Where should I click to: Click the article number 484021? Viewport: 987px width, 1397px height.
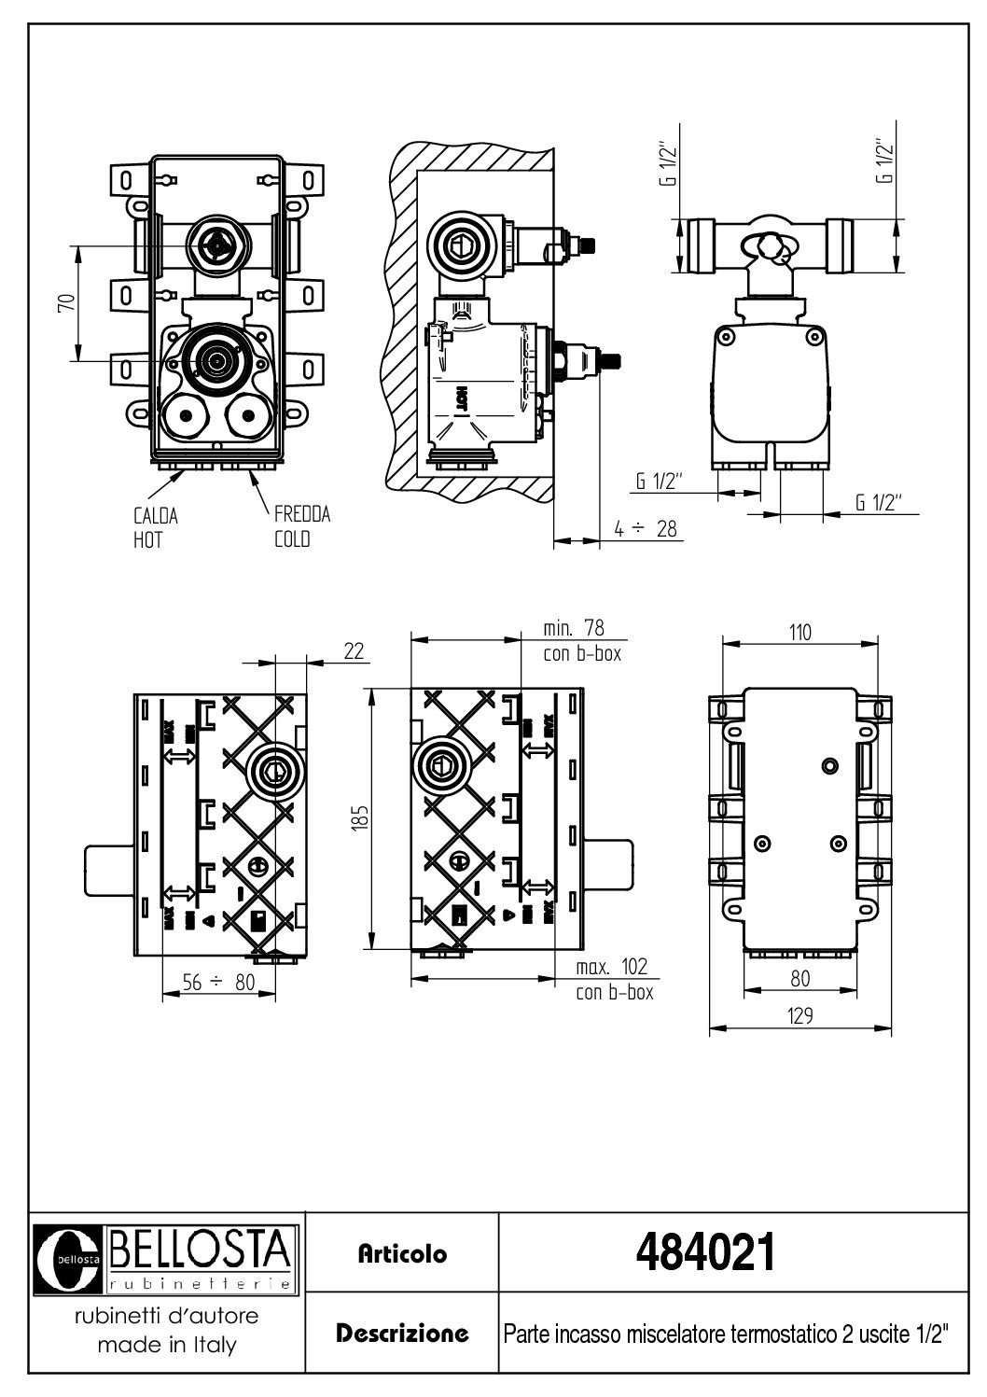tap(704, 1252)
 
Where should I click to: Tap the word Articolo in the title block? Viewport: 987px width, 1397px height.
tap(402, 1253)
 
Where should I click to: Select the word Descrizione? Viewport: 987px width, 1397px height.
tap(402, 1333)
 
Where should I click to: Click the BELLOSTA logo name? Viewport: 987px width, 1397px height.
tap(202, 1246)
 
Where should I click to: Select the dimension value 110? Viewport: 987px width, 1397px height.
tap(799, 632)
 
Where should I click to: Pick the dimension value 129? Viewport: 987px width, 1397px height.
tap(799, 1015)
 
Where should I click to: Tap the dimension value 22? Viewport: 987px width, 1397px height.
tap(353, 650)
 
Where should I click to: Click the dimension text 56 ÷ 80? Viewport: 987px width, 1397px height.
tap(218, 982)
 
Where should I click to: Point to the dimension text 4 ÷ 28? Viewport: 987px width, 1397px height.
tap(646, 528)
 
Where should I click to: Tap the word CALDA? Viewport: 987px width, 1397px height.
tap(155, 515)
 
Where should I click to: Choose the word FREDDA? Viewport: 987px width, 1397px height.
tap(301, 514)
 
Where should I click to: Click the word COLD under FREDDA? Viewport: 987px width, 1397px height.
tap(291, 539)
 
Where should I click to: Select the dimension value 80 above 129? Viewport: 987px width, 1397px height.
tap(799, 978)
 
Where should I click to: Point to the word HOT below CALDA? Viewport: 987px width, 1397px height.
tap(146, 540)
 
